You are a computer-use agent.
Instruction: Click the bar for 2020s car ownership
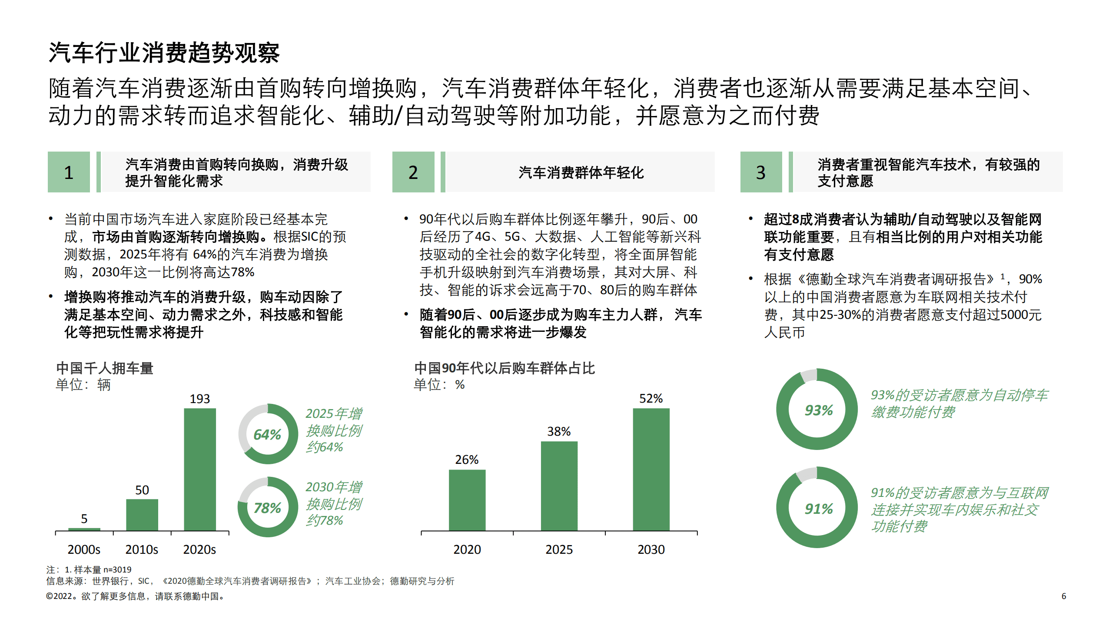click(200, 469)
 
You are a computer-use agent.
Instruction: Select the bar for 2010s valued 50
click(142, 515)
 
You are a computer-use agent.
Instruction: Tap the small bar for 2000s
click(84, 529)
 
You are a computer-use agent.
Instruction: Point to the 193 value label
click(200, 399)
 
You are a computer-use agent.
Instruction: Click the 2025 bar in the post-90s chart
click(559, 486)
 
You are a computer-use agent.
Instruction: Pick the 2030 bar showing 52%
click(651, 469)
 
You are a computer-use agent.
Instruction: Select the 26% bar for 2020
click(467, 500)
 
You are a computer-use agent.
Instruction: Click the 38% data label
click(559, 431)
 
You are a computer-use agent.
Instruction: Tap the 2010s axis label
click(142, 549)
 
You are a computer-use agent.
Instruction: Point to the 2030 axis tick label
click(651, 549)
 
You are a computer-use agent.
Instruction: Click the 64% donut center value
click(267, 434)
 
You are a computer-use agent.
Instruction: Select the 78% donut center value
click(267, 508)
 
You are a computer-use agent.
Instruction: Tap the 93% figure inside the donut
click(819, 410)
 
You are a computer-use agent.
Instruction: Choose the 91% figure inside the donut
click(819, 509)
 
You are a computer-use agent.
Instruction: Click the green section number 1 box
click(69, 172)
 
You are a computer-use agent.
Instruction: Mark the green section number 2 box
click(413, 172)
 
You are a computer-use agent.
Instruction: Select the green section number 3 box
click(761, 172)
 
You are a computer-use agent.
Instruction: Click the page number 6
click(1064, 596)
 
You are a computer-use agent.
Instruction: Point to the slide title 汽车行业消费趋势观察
click(164, 53)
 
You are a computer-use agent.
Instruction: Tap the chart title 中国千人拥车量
click(105, 368)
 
